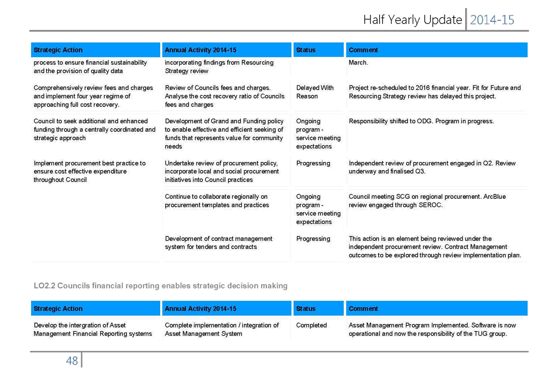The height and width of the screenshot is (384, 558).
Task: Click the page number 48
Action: point(72,361)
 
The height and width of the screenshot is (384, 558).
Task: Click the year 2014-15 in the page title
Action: point(492,20)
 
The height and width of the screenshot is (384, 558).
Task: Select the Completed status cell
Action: point(311,325)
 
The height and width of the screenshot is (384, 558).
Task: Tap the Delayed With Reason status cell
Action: point(315,92)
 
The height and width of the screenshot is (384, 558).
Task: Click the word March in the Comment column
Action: point(358,63)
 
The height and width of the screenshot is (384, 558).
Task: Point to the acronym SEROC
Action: point(431,205)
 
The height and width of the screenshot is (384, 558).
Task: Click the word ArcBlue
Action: point(494,197)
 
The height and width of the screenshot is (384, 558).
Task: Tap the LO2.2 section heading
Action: point(161,286)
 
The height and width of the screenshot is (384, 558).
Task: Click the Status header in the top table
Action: point(306,50)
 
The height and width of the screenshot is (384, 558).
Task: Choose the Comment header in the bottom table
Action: point(363,309)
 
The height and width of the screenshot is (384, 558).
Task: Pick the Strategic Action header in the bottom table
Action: point(58,309)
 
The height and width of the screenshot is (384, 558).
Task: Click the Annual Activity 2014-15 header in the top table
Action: point(200,50)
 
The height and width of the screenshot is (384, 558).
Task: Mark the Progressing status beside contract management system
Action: point(313,239)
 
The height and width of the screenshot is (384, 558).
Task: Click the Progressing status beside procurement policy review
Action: point(313,164)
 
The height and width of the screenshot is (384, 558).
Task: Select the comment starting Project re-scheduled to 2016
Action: point(435,92)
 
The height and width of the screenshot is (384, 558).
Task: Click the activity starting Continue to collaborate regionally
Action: point(217,201)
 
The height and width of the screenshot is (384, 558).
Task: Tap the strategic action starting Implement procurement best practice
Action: point(89,172)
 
